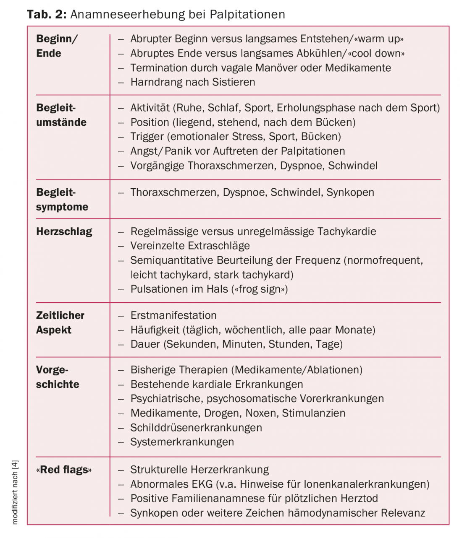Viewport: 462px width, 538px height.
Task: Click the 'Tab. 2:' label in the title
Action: point(47,14)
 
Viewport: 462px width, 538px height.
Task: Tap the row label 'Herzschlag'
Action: point(64,231)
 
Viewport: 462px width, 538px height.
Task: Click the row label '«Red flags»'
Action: point(64,470)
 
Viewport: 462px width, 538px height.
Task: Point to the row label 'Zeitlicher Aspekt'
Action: point(60,322)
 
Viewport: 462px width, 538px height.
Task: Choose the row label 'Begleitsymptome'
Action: point(62,200)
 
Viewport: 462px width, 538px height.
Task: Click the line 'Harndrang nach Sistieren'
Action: point(192,82)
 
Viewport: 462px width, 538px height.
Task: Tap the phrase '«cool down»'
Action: point(376,54)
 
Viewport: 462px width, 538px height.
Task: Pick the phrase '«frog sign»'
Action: point(260,289)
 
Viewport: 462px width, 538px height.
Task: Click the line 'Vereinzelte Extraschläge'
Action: point(190,246)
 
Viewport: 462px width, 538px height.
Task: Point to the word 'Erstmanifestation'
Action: point(173,315)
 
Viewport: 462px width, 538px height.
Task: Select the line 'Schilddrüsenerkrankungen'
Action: point(196,428)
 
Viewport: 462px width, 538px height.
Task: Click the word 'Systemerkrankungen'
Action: point(182,442)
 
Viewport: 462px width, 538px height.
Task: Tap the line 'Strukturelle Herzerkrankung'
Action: point(199,470)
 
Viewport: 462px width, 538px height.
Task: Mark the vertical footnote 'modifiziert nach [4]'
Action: point(15,492)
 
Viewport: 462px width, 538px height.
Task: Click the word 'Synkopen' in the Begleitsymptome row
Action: point(350,192)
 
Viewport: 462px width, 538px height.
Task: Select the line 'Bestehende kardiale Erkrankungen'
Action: point(217,385)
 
